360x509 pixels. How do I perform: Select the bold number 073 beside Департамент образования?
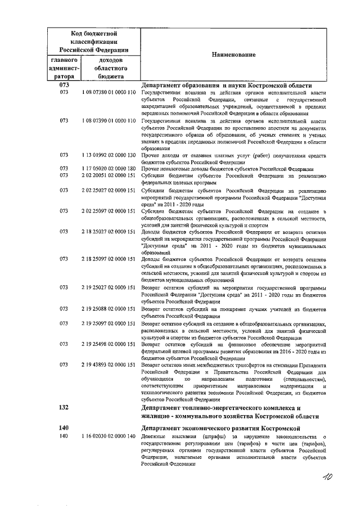[x=64, y=85]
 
